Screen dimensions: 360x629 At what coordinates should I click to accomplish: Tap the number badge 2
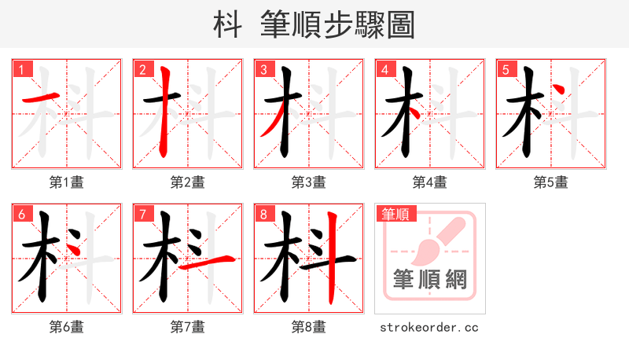tap(142, 70)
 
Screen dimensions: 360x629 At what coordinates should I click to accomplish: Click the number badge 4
tap(384, 70)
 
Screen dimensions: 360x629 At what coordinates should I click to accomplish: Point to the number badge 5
tap(506, 70)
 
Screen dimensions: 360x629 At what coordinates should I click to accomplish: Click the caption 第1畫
tap(67, 182)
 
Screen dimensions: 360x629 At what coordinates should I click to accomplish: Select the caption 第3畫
tap(308, 182)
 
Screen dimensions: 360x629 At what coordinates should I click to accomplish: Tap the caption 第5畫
tap(550, 182)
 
